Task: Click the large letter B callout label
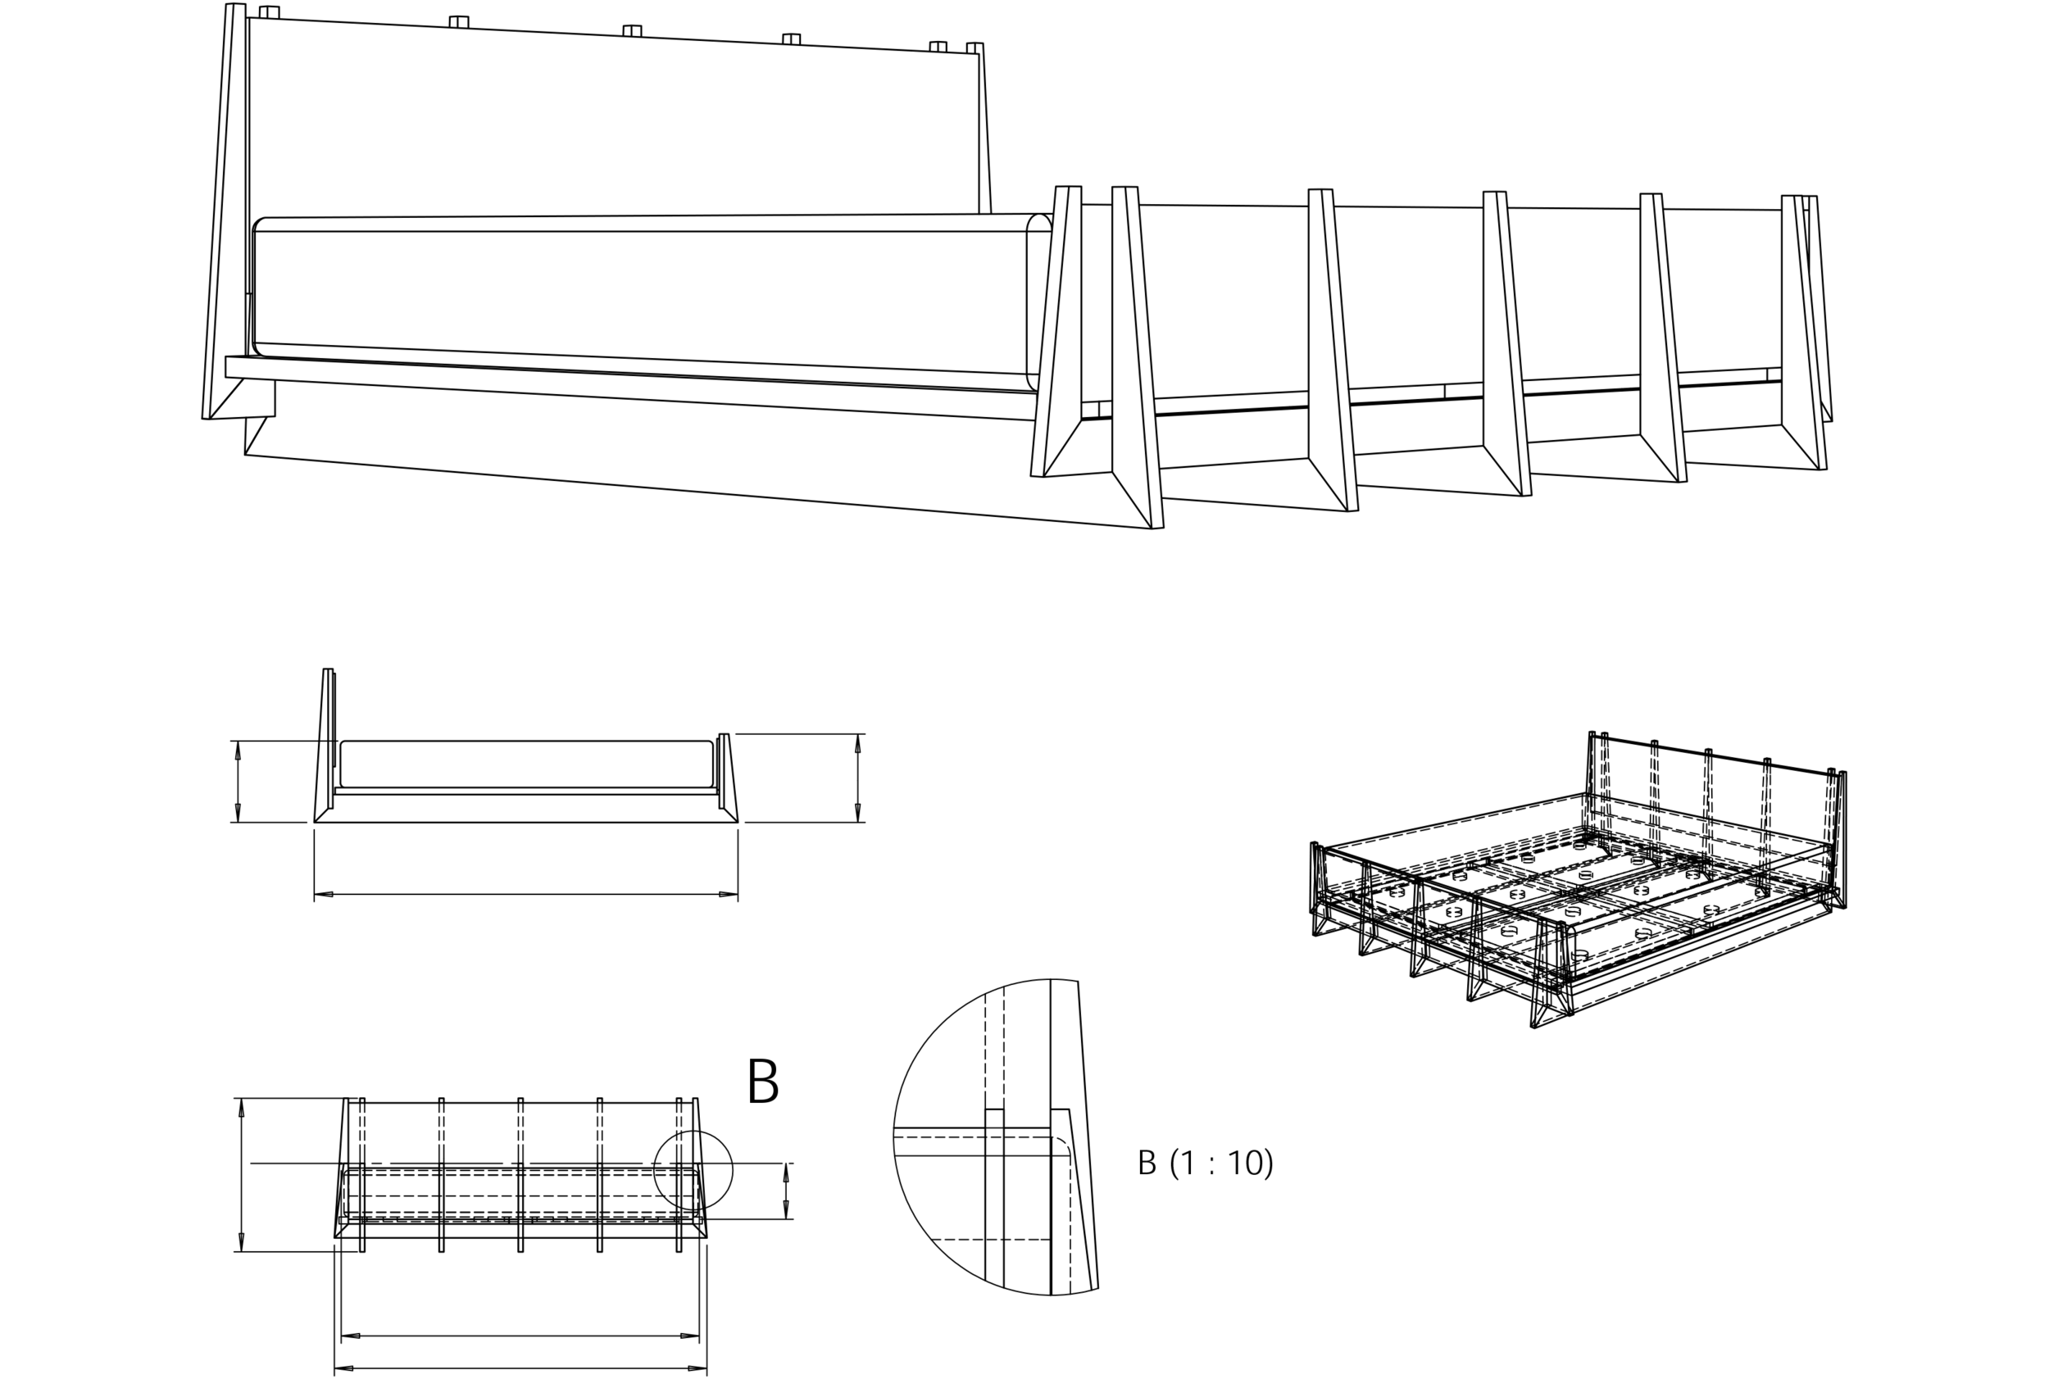click(x=766, y=1082)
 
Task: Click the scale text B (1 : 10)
click(x=1207, y=1164)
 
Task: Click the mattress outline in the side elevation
click(x=526, y=764)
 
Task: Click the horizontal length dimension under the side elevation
click(x=526, y=895)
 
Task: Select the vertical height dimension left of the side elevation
click(x=236, y=780)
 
